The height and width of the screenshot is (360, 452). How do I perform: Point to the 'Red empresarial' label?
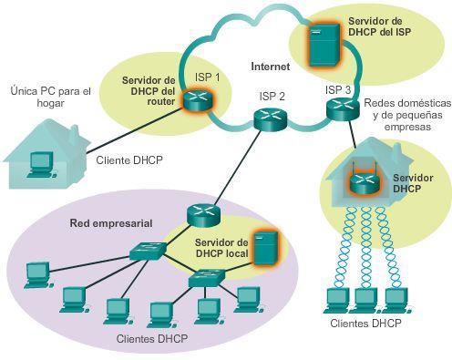point(110,223)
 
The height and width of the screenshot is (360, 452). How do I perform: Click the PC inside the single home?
point(40,162)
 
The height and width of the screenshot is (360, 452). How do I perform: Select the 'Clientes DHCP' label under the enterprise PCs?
point(153,338)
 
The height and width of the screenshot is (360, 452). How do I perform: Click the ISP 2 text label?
point(270,96)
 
